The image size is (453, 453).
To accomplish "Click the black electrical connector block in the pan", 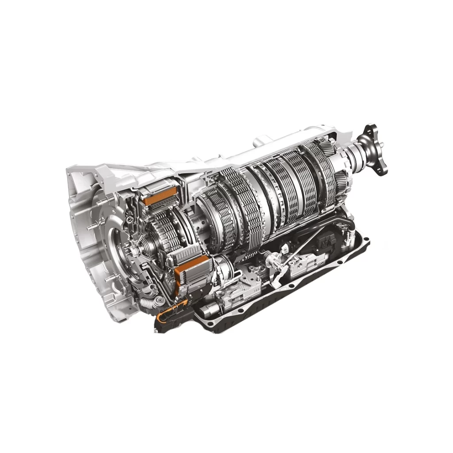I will (329, 241).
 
